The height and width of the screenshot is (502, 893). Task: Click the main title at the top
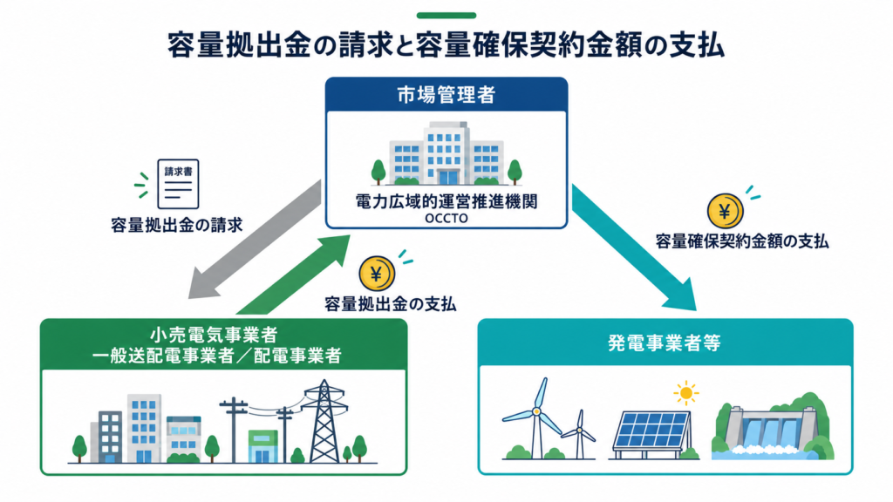tap(446, 45)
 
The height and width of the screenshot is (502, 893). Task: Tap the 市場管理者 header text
tap(446, 95)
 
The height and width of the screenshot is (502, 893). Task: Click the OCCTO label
tap(446, 219)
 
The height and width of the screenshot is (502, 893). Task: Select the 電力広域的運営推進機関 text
tap(446, 201)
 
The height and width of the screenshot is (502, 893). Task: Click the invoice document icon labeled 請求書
tap(178, 184)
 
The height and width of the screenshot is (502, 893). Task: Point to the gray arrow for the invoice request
tap(255, 239)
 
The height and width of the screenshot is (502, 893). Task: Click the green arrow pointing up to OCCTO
tap(293, 275)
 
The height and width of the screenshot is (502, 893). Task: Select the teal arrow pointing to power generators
tap(635, 248)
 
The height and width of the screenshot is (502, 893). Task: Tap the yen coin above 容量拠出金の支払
tap(377, 274)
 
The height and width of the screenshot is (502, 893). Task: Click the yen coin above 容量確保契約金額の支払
tap(725, 211)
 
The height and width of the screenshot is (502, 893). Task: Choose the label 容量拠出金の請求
tap(177, 225)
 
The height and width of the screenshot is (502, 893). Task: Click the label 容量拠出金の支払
tap(390, 304)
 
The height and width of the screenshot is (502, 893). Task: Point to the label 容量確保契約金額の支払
tap(742, 241)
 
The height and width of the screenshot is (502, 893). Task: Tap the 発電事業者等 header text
tap(665, 343)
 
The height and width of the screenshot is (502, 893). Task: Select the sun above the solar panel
tap(686, 393)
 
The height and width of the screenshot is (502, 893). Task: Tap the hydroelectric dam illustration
tap(773, 427)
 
